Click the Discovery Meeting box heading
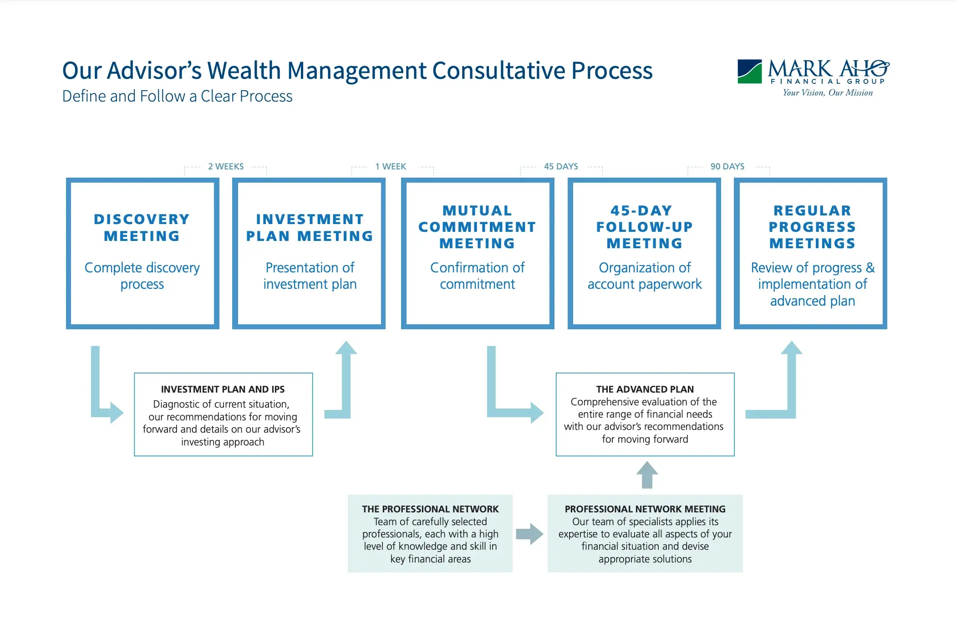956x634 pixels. click(142, 227)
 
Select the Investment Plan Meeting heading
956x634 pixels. click(310, 227)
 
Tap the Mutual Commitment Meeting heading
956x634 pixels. click(477, 227)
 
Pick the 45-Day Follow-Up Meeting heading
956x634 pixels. click(644, 227)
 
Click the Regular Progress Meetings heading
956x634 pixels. click(812, 227)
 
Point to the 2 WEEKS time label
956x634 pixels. click(226, 166)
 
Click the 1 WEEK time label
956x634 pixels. click(391, 166)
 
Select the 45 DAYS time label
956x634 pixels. click(561, 166)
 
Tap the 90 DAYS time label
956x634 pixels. click(727, 166)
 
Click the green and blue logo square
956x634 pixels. click(749, 72)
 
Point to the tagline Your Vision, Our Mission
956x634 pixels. click(828, 93)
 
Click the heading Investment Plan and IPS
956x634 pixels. click(223, 389)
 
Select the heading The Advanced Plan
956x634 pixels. click(645, 389)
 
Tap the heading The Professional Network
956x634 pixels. click(430, 509)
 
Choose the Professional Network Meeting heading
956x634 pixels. click(645, 509)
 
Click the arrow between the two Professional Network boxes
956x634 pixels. click(529, 534)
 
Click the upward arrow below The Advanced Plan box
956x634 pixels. click(647, 475)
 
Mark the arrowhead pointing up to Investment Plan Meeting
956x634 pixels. click(346, 348)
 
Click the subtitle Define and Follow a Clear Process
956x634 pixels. click(178, 97)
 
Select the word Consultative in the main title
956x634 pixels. click(498, 71)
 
